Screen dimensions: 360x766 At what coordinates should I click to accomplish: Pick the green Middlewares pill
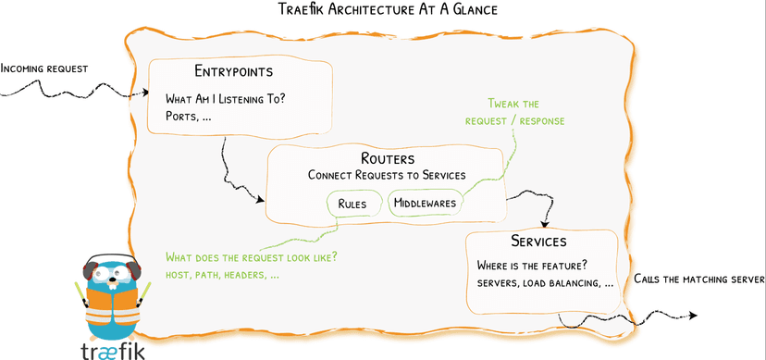pyautogui.click(x=426, y=204)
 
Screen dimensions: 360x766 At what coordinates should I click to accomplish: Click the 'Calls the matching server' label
pyautogui.click(x=698, y=279)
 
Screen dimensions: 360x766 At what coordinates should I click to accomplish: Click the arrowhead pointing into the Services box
pyautogui.click(x=546, y=224)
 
